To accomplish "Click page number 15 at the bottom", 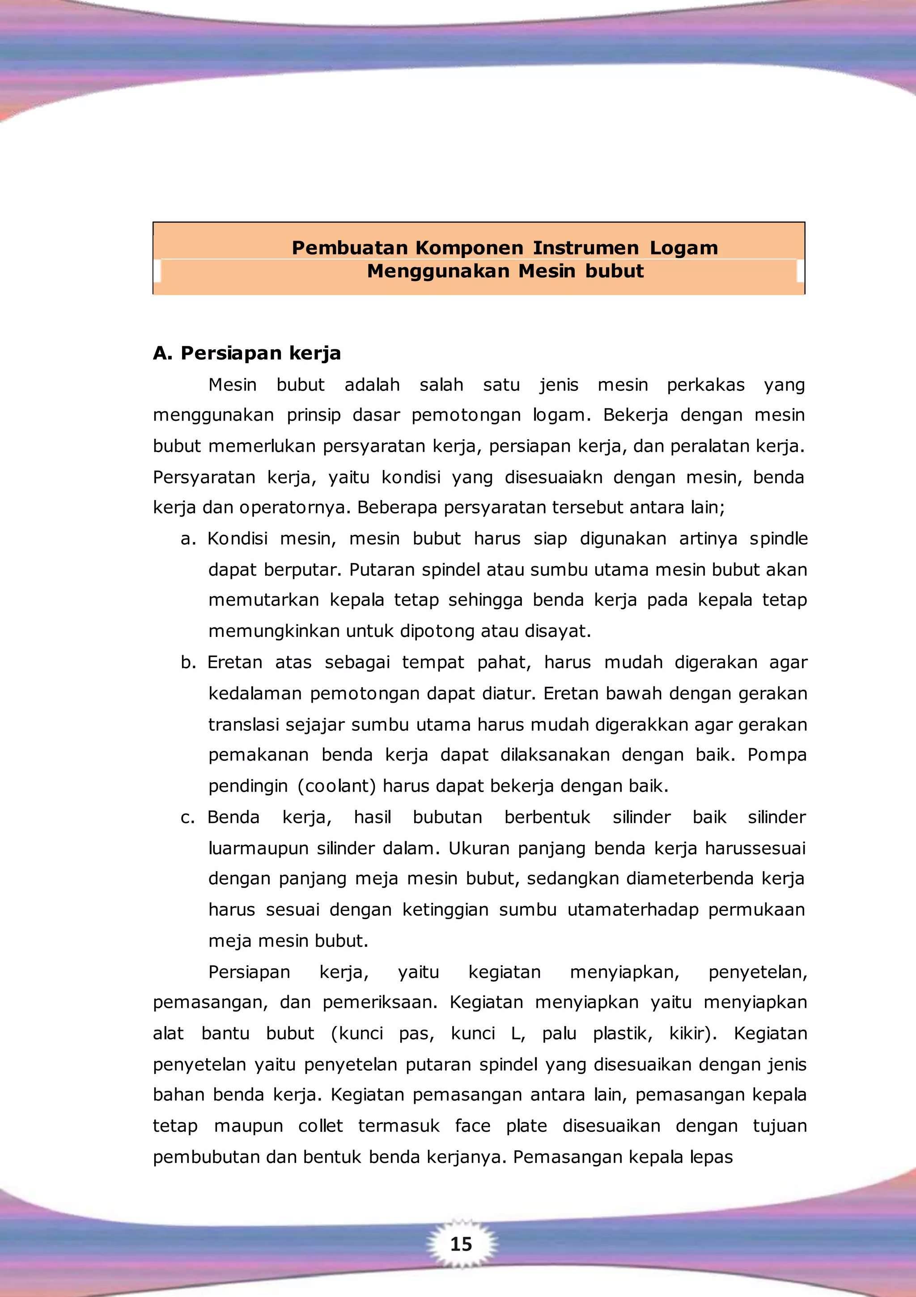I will tap(461, 1244).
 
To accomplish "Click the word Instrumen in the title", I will tap(585, 247).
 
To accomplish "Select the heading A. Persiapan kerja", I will tap(247, 353).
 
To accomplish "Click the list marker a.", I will tap(187, 539).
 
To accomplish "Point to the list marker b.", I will tap(187, 663).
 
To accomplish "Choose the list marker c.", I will tap(187, 818).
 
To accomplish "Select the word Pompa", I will tap(776, 755).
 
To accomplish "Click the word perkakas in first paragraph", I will tap(705, 385).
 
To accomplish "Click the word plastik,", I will tap(623, 1033).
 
